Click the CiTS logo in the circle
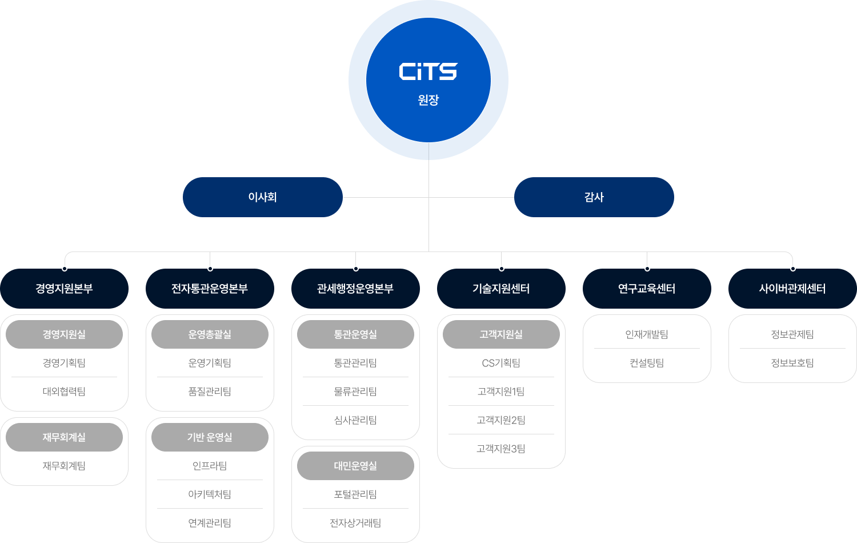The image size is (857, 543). coord(428,72)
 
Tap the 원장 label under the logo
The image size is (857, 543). coord(428,100)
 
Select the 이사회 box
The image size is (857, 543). coord(263,197)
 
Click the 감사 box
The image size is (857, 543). coord(594,197)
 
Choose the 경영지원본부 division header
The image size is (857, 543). coord(64,289)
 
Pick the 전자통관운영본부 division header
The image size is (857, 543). coord(210,289)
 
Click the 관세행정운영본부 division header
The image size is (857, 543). coord(355,289)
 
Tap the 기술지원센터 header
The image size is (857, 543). coord(501,289)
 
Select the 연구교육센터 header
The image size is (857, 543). coord(647,289)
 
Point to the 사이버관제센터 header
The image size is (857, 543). coord(792,289)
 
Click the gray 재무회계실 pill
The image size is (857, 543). coord(64,437)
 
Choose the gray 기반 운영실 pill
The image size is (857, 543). coord(210,437)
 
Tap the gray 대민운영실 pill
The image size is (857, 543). coord(355,466)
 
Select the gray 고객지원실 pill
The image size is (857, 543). coord(501,334)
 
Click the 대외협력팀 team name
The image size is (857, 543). coord(64,392)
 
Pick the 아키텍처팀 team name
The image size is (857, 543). coord(210,494)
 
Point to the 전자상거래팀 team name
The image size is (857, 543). coord(355,523)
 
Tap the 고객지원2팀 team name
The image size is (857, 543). coord(501,420)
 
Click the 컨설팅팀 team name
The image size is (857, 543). coord(647,363)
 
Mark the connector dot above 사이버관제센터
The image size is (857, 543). coord(793,268)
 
